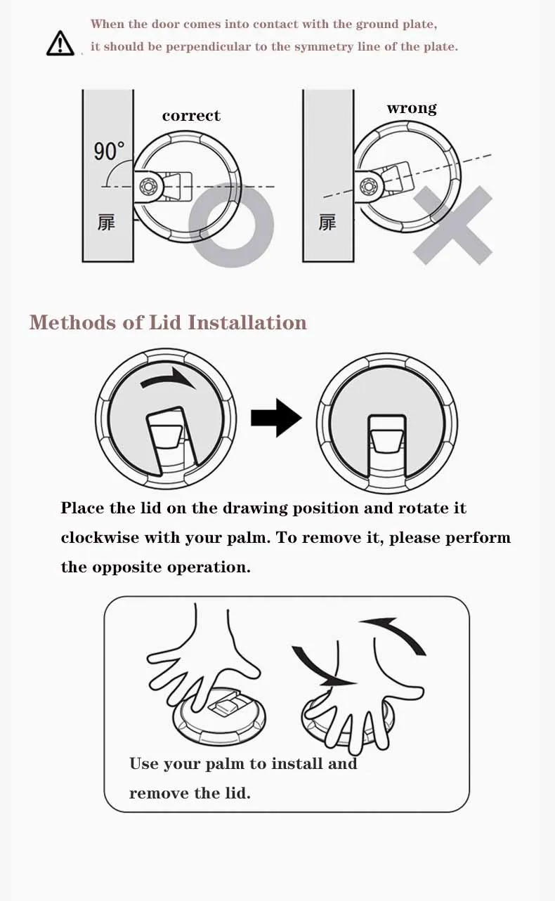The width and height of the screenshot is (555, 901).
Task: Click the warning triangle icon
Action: coord(60,43)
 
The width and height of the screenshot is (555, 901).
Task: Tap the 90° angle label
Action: coord(109,151)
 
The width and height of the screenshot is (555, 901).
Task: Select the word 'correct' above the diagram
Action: coord(191,116)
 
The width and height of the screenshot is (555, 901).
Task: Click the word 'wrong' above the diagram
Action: coord(412,108)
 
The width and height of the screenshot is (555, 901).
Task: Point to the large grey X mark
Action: coord(452,225)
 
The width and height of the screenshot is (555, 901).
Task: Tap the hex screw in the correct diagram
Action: coord(147,187)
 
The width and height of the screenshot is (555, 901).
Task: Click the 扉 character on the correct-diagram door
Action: coord(106,223)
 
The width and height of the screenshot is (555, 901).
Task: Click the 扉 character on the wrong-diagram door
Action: coord(327,223)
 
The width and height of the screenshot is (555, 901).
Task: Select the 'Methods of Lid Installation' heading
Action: coord(168,322)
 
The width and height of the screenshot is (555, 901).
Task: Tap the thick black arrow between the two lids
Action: coord(276,418)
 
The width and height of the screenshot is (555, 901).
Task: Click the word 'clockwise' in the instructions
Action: coord(100,537)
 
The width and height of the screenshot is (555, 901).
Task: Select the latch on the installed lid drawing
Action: coord(387,441)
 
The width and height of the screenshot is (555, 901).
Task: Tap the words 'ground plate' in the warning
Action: coord(396,25)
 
